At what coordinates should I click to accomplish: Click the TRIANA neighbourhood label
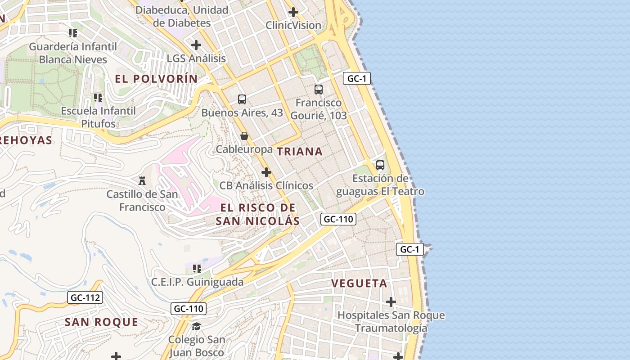(300, 152)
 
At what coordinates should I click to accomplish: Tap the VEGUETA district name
(359, 283)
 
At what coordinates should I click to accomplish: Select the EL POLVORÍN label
(156, 79)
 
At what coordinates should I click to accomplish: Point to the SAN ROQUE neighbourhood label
(101, 322)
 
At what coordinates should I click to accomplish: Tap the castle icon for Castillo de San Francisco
(142, 181)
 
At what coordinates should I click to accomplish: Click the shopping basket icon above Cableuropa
(244, 135)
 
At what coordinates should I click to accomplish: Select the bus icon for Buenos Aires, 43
(242, 99)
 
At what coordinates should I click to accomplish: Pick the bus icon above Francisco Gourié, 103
(319, 89)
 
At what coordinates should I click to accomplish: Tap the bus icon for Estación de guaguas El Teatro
(380, 165)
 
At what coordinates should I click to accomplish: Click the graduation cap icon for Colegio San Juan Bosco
(196, 326)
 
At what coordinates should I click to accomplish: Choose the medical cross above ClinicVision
(293, 12)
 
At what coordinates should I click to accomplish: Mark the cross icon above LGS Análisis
(196, 45)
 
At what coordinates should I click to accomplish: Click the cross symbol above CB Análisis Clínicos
(266, 172)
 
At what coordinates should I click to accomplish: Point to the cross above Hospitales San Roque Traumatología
(391, 301)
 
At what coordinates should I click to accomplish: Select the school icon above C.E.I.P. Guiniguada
(197, 269)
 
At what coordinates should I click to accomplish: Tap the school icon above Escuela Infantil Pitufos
(98, 97)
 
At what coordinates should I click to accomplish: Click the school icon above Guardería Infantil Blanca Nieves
(73, 33)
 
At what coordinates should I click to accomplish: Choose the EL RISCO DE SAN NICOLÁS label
(258, 214)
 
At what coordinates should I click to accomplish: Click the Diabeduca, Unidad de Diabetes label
(182, 16)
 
